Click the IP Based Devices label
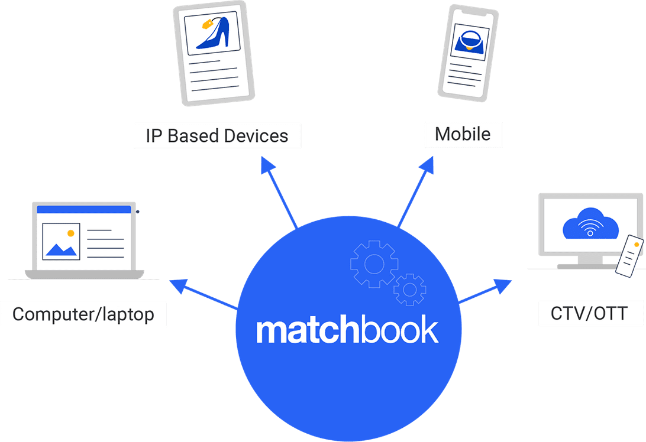pos(217,136)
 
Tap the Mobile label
pos(463,134)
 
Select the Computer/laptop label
pos(83,314)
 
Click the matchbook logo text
pos(347,331)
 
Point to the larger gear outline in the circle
pos(374,264)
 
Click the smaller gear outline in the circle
pos(409,289)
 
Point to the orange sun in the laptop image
pos(71,233)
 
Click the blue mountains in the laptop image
pos(62,250)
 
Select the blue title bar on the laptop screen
pos(83,209)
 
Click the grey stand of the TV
pos(590,261)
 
